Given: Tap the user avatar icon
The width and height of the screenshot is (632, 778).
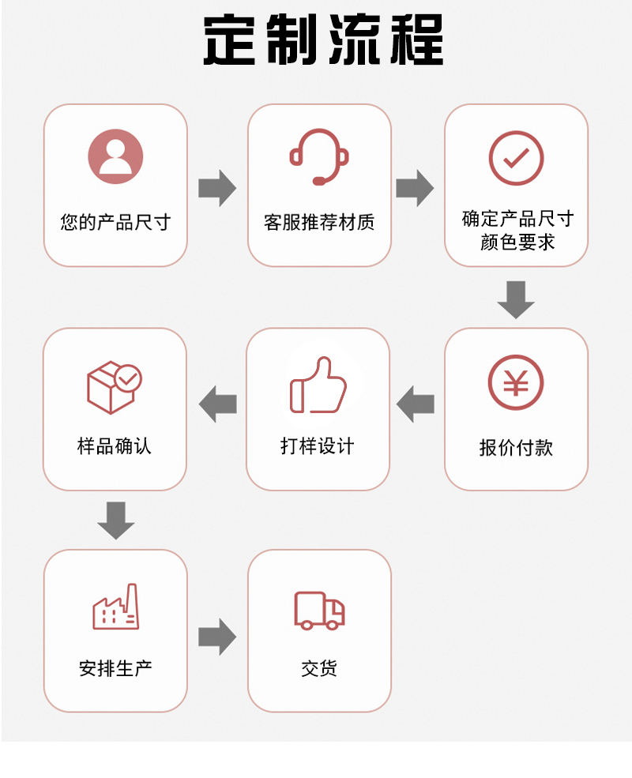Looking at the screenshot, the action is click(x=115, y=156).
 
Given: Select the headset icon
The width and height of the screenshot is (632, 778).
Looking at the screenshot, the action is click(x=319, y=156).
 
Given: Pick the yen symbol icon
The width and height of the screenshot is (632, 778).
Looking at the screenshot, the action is click(x=516, y=382).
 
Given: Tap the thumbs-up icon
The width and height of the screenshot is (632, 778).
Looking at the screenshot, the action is click(x=318, y=385).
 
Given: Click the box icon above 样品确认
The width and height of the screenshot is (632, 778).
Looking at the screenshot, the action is click(x=114, y=386).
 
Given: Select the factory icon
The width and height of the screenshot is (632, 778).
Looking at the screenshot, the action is click(x=115, y=607).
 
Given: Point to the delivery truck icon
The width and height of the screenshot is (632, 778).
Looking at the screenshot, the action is click(x=319, y=610).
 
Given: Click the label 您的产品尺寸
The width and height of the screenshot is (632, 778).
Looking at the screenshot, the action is click(x=115, y=222).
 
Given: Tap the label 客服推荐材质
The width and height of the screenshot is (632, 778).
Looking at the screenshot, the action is click(x=319, y=222).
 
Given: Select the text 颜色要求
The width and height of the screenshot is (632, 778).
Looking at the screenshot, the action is click(x=517, y=242).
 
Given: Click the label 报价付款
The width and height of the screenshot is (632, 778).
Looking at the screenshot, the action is click(x=516, y=448).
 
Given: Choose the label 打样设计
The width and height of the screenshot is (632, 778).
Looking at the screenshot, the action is click(x=318, y=446).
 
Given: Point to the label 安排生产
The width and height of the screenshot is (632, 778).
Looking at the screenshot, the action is click(x=115, y=668).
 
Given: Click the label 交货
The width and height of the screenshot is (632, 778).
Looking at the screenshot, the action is click(x=319, y=668).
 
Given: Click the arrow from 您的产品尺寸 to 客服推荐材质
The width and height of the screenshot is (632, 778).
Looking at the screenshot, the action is click(x=217, y=188).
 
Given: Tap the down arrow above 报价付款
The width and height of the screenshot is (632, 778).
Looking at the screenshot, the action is click(x=516, y=299).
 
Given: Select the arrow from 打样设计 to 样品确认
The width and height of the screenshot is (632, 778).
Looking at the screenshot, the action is click(x=217, y=404).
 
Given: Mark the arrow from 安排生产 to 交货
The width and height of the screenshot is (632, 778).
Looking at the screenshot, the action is click(x=217, y=637).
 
